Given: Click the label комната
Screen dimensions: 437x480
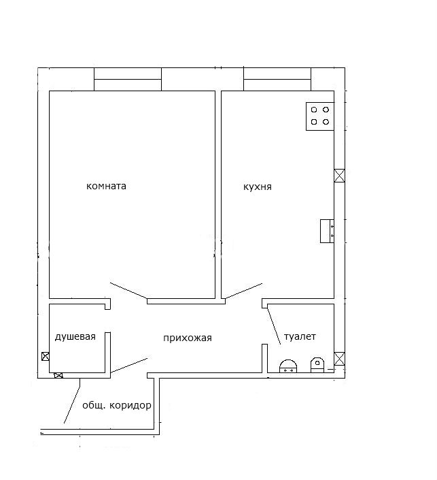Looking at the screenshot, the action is [x=106, y=186].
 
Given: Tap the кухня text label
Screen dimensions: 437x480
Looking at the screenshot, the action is [x=258, y=187].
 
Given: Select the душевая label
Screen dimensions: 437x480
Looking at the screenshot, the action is [x=75, y=337].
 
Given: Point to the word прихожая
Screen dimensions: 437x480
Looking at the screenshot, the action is [x=188, y=338].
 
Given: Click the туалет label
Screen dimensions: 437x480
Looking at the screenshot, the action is [x=300, y=337].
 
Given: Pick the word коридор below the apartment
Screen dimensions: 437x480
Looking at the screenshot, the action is [x=130, y=406].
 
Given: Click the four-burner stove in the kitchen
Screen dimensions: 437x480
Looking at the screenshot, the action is [x=320, y=116].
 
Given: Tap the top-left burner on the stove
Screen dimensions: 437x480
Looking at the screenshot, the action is [x=314, y=110].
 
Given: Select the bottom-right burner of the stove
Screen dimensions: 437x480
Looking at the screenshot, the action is [x=326, y=122].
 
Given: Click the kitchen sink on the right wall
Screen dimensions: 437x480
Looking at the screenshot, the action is [x=327, y=231].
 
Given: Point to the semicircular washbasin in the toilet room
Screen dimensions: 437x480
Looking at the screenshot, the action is [x=288, y=366].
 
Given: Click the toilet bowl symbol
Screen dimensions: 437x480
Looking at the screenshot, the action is [x=317, y=365].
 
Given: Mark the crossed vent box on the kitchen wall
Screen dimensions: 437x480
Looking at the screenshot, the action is [x=339, y=176].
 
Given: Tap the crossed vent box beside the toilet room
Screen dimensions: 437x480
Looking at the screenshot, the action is [x=339, y=359].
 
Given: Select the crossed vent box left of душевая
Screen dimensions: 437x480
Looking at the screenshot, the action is [x=46, y=356].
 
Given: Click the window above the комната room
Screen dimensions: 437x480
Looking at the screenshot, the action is [x=128, y=79].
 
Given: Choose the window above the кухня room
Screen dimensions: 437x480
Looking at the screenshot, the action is [x=277, y=79].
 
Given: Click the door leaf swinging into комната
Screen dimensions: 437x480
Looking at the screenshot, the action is [x=128, y=291].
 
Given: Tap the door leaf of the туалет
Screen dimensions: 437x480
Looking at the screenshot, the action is [x=274, y=327].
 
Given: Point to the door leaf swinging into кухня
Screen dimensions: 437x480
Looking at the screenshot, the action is [x=243, y=291].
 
